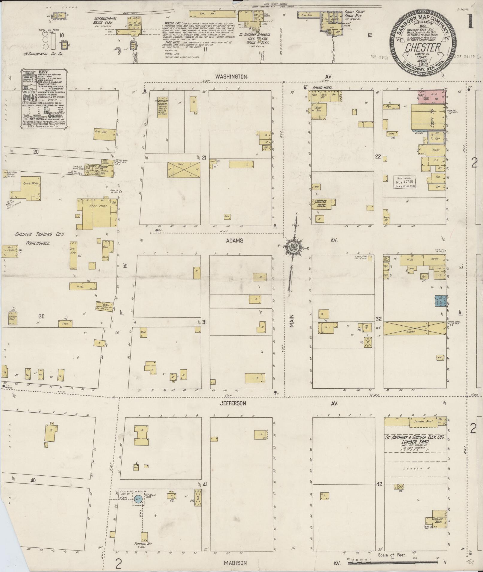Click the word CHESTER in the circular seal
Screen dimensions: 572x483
coord(423,48)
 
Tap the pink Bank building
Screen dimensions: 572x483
coord(432,96)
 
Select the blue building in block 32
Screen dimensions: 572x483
coord(441,301)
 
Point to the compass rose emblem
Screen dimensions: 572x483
coord(291,247)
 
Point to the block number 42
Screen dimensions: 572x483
coord(379,484)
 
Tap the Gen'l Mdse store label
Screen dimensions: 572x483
coord(94,206)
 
